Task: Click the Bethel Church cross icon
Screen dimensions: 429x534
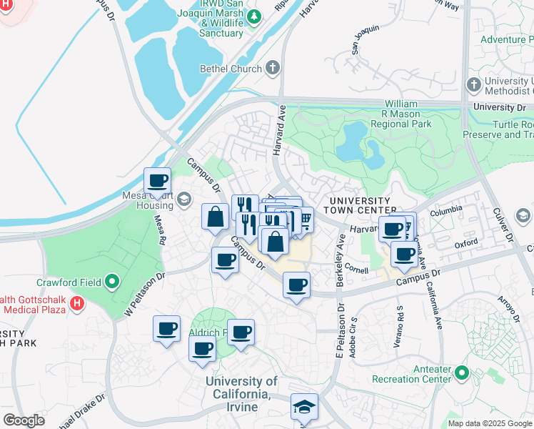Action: tap(272, 69)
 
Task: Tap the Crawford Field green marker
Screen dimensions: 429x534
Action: tap(112, 282)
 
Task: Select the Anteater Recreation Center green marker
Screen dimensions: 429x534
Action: tap(462, 373)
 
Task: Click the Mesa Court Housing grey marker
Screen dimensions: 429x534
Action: tap(184, 198)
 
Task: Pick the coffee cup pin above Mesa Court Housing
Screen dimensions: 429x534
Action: tap(157, 181)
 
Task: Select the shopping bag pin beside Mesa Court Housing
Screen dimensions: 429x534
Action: tap(215, 217)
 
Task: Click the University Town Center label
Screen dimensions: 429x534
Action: tap(358, 205)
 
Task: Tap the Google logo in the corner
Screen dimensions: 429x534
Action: tap(24, 420)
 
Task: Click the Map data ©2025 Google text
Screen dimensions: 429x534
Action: tap(490, 423)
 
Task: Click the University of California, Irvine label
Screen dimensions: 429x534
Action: tap(241, 388)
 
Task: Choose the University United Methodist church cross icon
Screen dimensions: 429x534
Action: tap(473, 85)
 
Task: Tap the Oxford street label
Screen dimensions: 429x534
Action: tap(466, 243)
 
